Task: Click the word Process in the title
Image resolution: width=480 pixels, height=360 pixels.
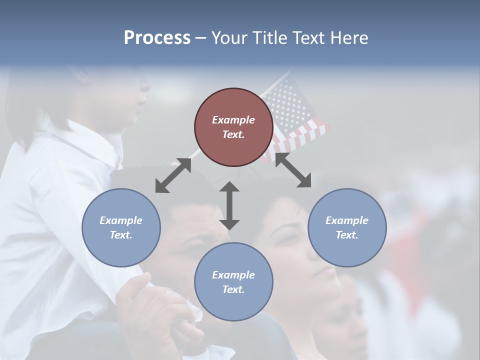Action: [x=157, y=38]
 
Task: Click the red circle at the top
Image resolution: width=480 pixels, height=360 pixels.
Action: [x=233, y=127]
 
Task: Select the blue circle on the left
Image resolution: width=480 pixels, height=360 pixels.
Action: [x=121, y=227]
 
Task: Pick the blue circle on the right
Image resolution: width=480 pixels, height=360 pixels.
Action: [x=346, y=227]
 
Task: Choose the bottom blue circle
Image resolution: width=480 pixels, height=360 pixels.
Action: [x=233, y=282]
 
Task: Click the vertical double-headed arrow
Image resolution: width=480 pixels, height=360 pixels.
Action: [x=229, y=205]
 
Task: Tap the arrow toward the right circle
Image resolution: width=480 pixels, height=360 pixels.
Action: [x=293, y=170]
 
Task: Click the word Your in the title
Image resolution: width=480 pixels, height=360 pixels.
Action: [x=228, y=38]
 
